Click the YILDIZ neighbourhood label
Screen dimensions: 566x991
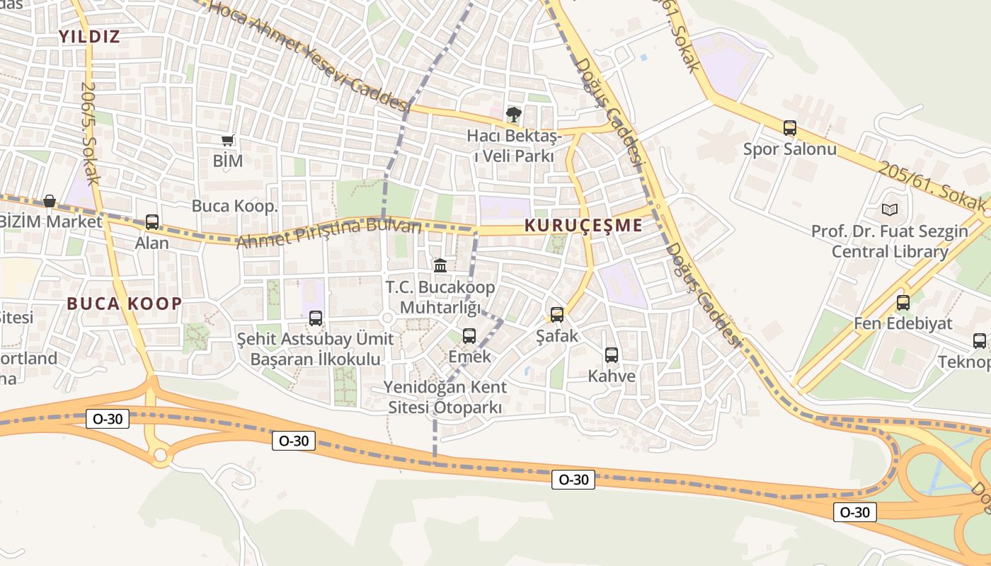[89, 37]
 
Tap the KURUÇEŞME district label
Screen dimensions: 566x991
[583, 226]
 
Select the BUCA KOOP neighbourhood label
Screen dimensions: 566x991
[125, 304]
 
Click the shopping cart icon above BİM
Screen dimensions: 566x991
[228, 141]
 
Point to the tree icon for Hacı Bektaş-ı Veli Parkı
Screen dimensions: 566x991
[513, 113]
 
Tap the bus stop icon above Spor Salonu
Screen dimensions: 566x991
[790, 128]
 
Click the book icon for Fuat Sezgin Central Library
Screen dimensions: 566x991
[890, 210]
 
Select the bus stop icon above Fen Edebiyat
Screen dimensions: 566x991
[903, 303]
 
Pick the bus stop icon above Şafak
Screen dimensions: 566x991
[557, 315]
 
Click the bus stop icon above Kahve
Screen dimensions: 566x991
[612, 355]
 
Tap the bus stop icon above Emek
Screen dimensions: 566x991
[469, 336]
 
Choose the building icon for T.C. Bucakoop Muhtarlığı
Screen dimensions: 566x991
[440, 265]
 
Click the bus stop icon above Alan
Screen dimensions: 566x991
[152, 222]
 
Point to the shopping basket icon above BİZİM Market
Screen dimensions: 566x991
[50, 202]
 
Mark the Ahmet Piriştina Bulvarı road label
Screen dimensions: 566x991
[328, 233]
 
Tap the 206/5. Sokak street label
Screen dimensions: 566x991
[88, 134]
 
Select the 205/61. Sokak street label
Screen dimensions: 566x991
[932, 188]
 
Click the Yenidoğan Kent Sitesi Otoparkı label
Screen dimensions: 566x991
[445, 398]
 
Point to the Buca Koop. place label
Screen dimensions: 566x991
[235, 206]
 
